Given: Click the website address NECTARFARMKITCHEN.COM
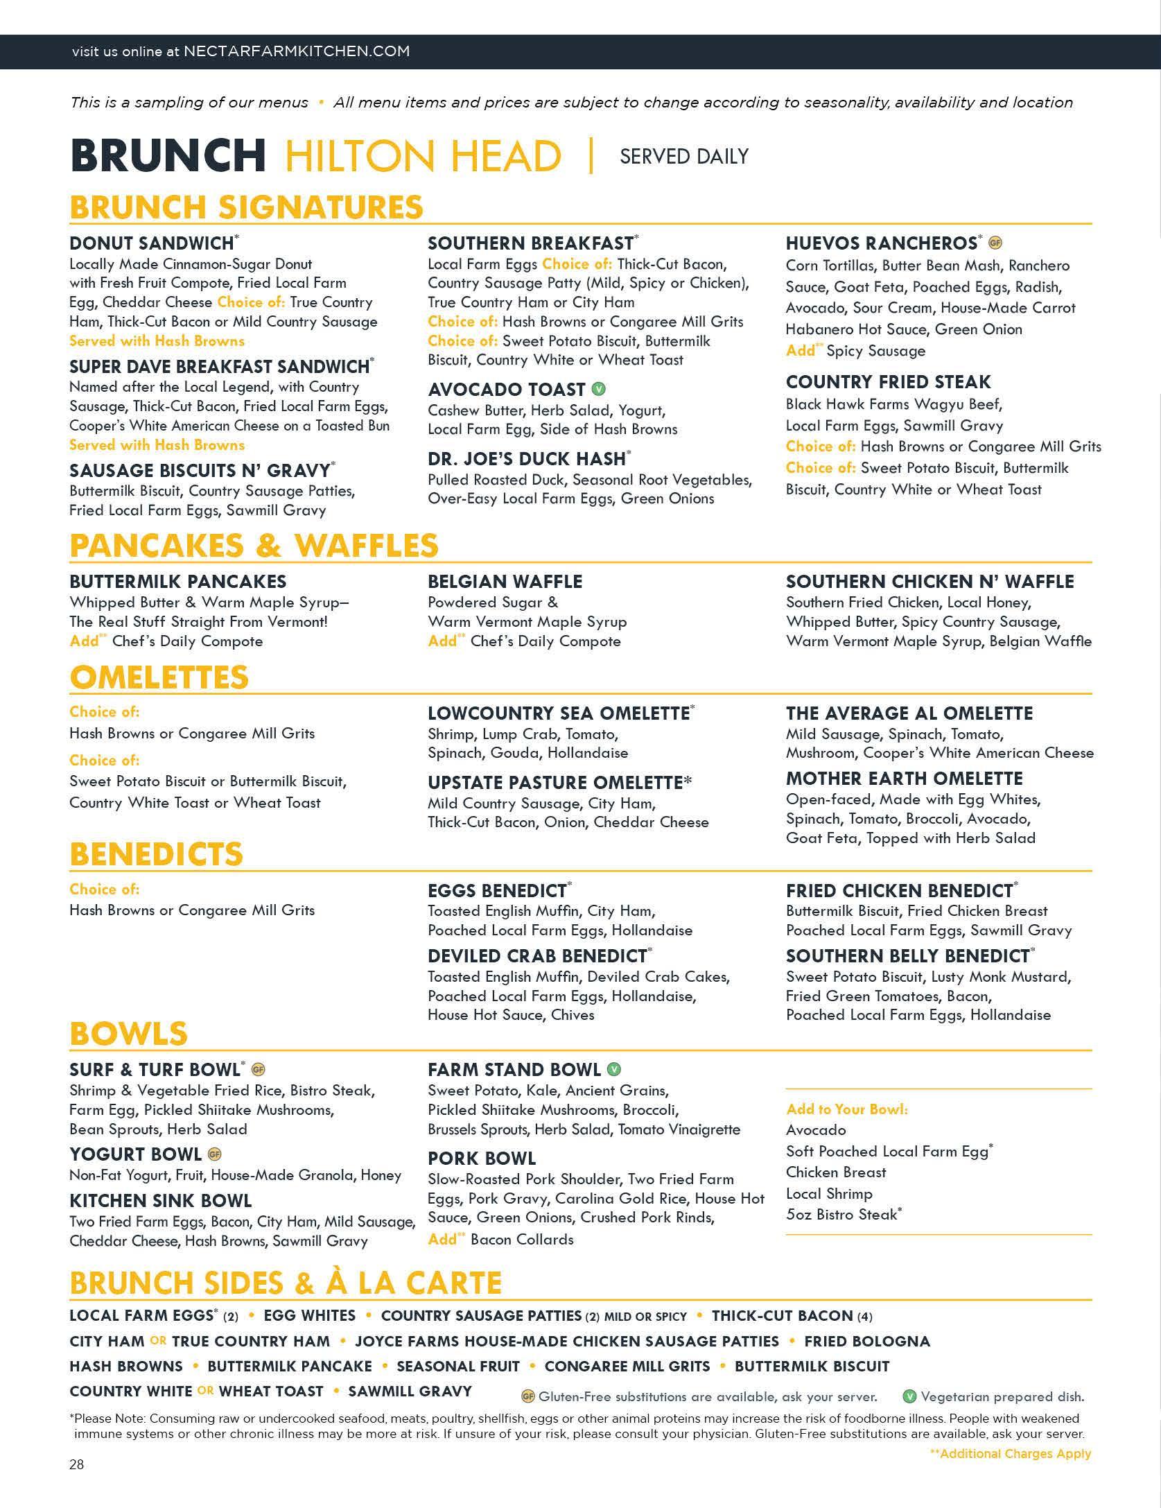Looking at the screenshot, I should pyautogui.click(x=297, y=51).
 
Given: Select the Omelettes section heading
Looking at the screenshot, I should pyautogui.click(x=159, y=677).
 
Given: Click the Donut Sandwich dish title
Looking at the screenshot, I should pyautogui.click(x=151, y=243).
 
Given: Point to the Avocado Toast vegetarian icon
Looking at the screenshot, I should pyautogui.click(x=598, y=390).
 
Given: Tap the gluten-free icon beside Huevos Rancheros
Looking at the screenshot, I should pyautogui.click(x=995, y=243).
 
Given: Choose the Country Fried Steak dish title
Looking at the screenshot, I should pyautogui.click(x=888, y=382).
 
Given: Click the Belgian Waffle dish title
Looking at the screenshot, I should pyautogui.click(x=505, y=582).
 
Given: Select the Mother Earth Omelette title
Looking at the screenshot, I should pyautogui.click(x=904, y=779).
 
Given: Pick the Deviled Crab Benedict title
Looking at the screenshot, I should pyautogui.click(x=537, y=956).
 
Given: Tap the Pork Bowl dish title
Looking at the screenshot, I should pyautogui.click(x=481, y=1159).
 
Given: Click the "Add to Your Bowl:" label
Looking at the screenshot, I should pyautogui.click(x=846, y=1109).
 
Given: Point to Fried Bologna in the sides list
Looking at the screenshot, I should pyautogui.click(x=866, y=1342).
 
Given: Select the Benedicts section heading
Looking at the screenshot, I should pyautogui.click(x=156, y=854).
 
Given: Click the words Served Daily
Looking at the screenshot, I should pyautogui.click(x=683, y=157).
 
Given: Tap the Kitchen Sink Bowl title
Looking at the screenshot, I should pyautogui.click(x=160, y=1201).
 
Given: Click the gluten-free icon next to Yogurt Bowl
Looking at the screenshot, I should pyautogui.click(x=215, y=1155).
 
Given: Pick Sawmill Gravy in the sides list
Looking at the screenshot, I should pyautogui.click(x=410, y=1392).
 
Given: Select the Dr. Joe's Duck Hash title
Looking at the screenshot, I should pyautogui.click(x=527, y=459).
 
